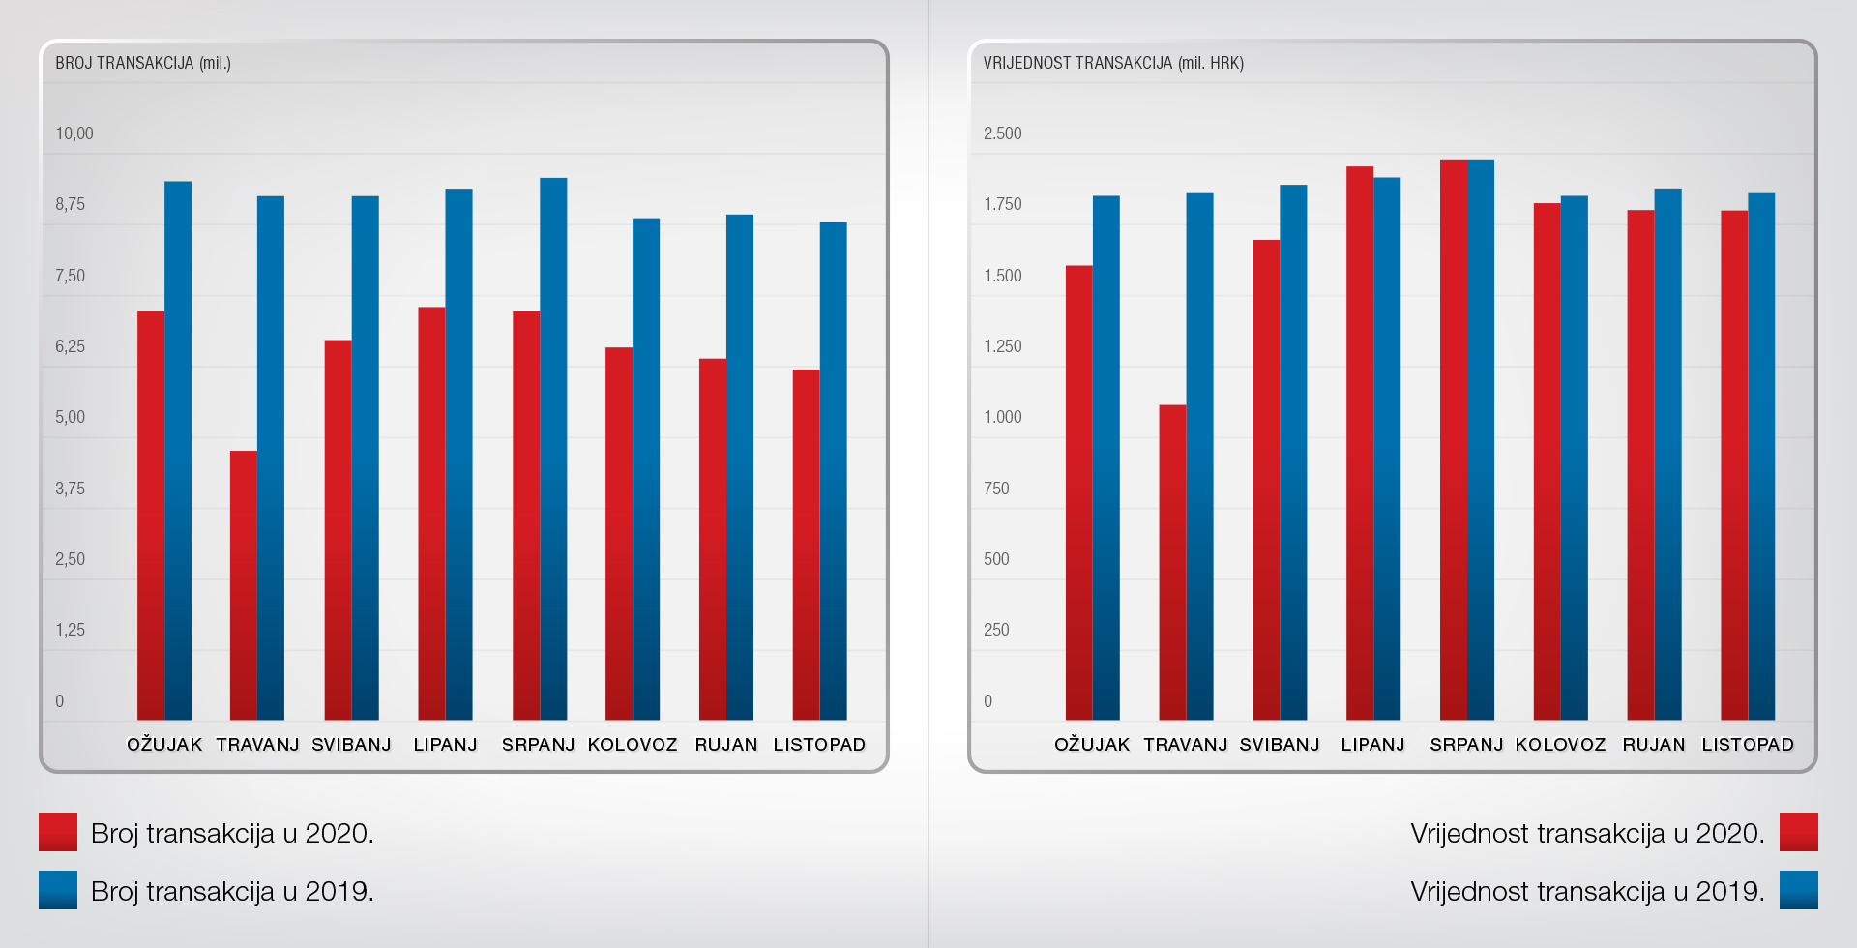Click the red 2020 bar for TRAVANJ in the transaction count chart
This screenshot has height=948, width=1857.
(x=244, y=585)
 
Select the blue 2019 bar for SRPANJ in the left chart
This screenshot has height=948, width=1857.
(x=553, y=449)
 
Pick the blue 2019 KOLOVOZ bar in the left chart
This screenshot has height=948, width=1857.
(x=646, y=469)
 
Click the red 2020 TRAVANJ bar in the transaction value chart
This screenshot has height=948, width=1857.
(x=1172, y=562)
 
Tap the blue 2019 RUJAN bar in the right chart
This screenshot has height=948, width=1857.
(x=1667, y=454)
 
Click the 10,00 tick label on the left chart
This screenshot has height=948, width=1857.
(x=74, y=133)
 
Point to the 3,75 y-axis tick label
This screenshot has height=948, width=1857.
(x=70, y=489)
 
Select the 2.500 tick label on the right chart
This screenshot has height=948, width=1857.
(x=1002, y=133)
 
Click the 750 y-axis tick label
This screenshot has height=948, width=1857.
(x=996, y=489)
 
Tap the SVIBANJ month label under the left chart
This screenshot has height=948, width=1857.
(x=351, y=745)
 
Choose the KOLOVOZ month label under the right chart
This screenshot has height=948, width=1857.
(x=1560, y=745)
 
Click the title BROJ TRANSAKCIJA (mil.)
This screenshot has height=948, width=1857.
(x=143, y=64)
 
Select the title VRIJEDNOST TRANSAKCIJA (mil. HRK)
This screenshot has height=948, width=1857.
(x=1113, y=64)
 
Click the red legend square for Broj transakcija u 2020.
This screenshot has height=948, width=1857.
(x=58, y=832)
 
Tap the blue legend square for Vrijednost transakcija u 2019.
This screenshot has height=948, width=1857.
(x=1799, y=890)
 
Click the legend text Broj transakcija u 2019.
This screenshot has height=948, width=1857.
(x=232, y=891)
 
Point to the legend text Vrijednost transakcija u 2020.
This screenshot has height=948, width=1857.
(x=1587, y=833)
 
